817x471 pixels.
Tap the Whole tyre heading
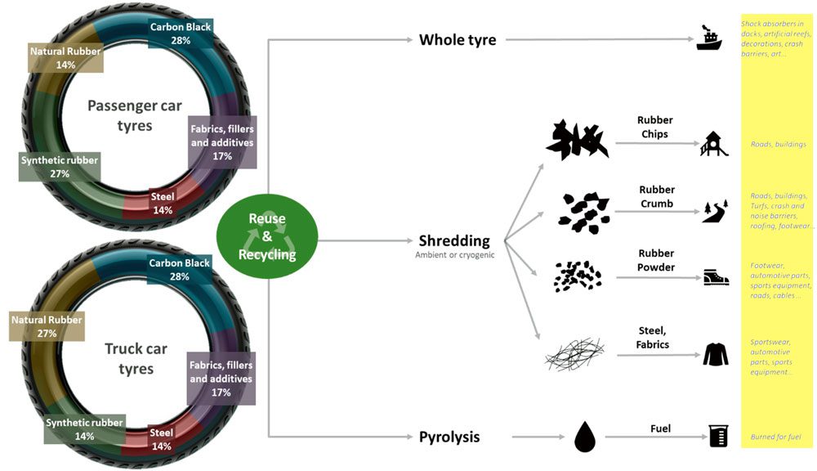(457, 39)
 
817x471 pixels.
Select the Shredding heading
(453, 240)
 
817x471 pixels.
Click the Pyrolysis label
(449, 437)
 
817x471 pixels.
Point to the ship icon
(708, 38)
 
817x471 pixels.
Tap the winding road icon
(714, 211)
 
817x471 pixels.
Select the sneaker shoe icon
(716, 277)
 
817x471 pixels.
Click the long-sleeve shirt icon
(715, 353)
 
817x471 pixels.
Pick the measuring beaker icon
(718, 436)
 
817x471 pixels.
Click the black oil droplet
(585, 437)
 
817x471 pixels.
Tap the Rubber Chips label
(654, 127)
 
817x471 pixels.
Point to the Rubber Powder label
(657, 260)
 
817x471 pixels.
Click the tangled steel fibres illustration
(574, 355)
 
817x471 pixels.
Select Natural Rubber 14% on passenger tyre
(65, 58)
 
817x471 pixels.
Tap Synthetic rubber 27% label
(59, 167)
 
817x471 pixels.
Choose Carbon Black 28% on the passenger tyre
(180, 34)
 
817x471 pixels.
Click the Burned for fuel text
(776, 437)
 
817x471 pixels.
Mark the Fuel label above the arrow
(659, 428)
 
